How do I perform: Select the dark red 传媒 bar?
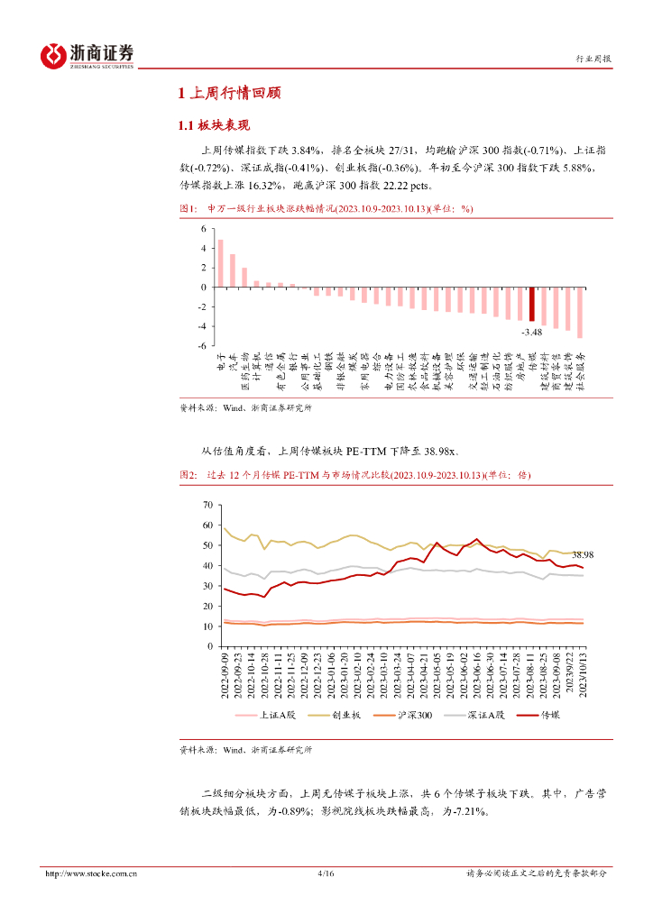pos(532,304)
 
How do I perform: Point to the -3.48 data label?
pos(531,331)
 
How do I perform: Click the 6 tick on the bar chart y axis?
pos(204,228)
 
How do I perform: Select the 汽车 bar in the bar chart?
pos(233,270)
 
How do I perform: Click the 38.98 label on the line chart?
pos(583,555)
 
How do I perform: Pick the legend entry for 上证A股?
pos(264,715)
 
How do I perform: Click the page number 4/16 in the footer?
pos(326,873)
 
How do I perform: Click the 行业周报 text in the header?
pos(593,59)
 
